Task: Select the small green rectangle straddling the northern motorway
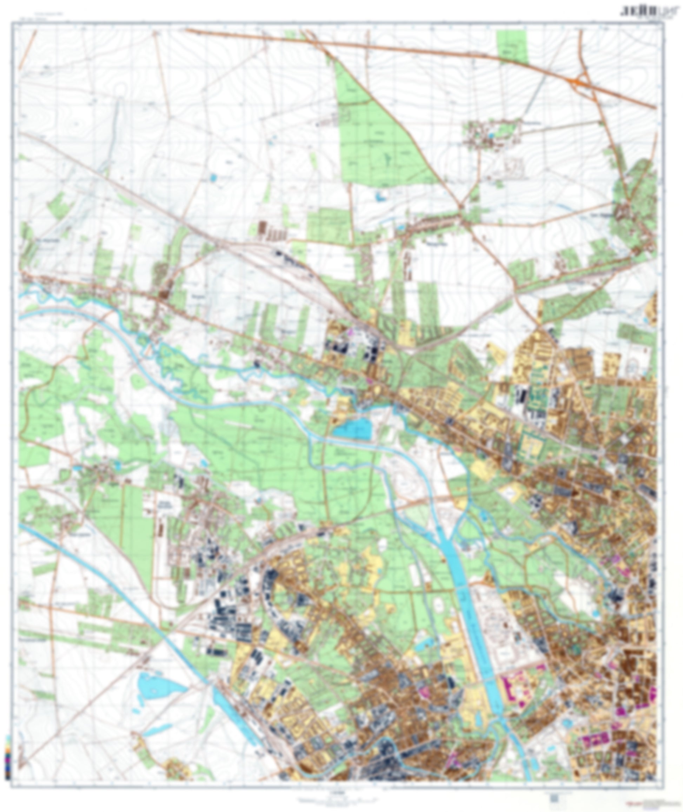pos(512,47)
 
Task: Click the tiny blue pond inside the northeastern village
pos(491,136)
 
